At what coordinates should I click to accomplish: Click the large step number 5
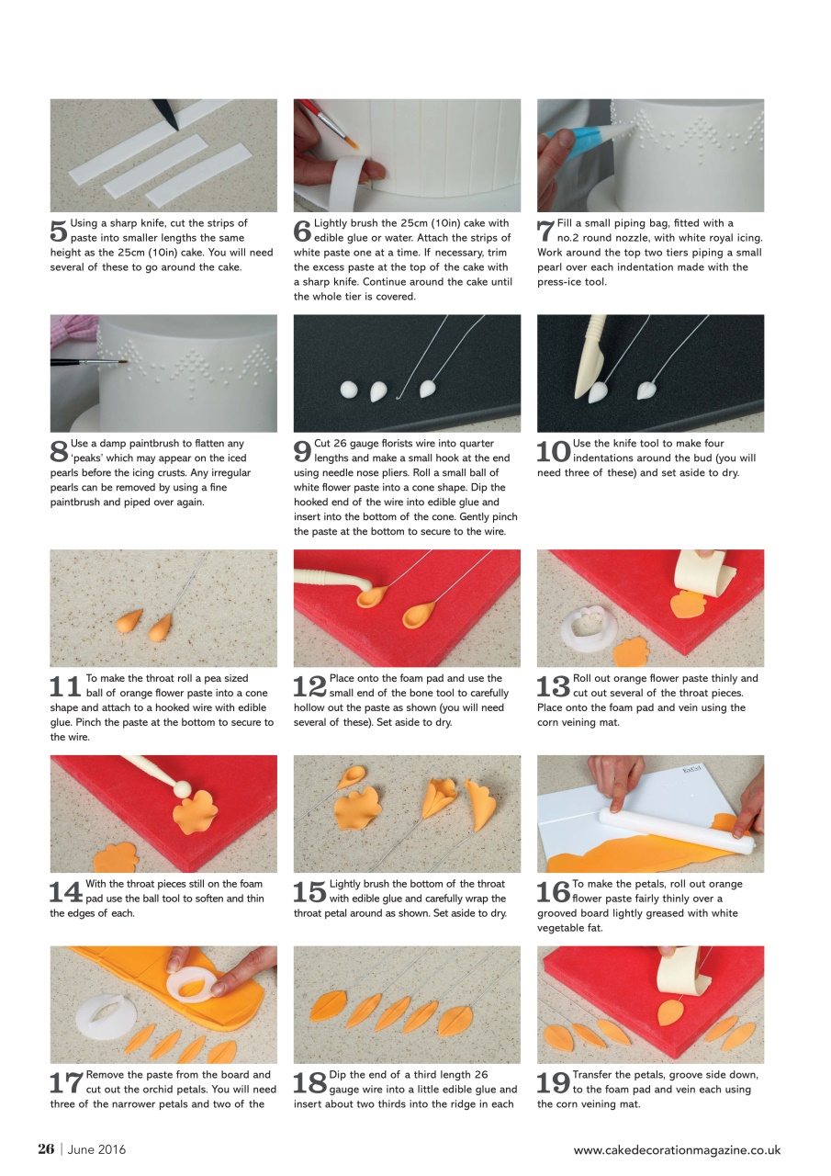[58, 231]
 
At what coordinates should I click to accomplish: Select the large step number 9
[302, 451]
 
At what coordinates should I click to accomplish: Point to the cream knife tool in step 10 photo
[589, 357]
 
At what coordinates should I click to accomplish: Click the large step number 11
[64, 686]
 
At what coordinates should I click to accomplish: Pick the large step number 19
[553, 1082]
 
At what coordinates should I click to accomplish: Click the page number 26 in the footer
[46, 1149]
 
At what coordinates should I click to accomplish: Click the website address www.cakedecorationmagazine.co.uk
[677, 1149]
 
